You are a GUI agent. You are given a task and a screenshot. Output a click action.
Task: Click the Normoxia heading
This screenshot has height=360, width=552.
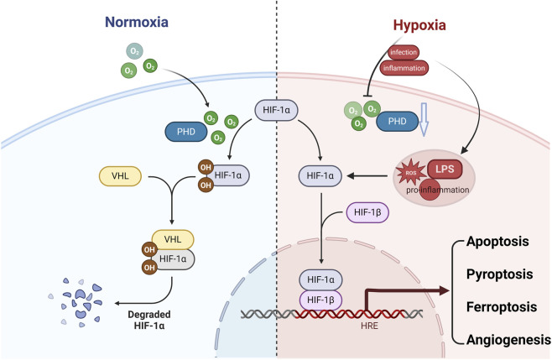pos(137,22)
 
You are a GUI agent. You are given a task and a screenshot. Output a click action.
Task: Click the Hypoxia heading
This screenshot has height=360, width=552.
pos(419,25)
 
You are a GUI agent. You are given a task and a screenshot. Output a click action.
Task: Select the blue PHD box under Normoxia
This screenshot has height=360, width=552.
pos(186,132)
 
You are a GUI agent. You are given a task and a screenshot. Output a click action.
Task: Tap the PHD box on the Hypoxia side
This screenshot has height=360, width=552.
pos(397,121)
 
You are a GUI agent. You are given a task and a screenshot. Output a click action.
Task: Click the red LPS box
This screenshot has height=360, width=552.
pos(445,169)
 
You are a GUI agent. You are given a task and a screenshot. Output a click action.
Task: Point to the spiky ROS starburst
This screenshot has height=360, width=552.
pos(411,173)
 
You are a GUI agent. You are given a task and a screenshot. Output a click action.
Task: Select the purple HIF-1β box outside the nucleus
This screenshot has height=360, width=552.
pos(367,212)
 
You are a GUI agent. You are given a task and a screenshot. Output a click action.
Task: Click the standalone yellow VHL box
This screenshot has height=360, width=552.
pos(121,175)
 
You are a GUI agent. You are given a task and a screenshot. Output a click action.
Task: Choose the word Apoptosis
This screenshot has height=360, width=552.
pos(497,242)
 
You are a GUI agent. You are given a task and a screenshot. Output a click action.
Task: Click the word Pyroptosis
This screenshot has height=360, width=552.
pos(499,274)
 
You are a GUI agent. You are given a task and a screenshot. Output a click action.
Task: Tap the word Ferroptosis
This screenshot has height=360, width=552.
pos(502,307)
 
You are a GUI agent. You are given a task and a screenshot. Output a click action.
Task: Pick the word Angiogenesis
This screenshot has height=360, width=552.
pos(508,340)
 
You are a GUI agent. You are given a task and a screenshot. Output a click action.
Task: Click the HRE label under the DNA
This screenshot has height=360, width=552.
pos(369,326)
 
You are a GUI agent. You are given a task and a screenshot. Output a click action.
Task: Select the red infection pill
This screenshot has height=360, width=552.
pos(404,53)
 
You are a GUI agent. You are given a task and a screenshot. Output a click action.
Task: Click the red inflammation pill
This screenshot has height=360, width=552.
pos(404,68)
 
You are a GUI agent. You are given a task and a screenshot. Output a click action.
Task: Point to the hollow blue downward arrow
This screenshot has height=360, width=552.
pos(424,120)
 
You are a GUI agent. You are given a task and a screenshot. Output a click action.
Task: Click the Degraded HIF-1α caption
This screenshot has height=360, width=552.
pos(149,320)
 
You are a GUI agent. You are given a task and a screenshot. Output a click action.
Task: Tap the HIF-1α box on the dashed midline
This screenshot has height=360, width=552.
pos(276,110)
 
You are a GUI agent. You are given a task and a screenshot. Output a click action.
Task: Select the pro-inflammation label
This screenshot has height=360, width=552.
pos(438,190)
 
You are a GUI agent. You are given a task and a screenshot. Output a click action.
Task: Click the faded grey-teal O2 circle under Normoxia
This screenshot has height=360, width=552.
pos(134,51)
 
